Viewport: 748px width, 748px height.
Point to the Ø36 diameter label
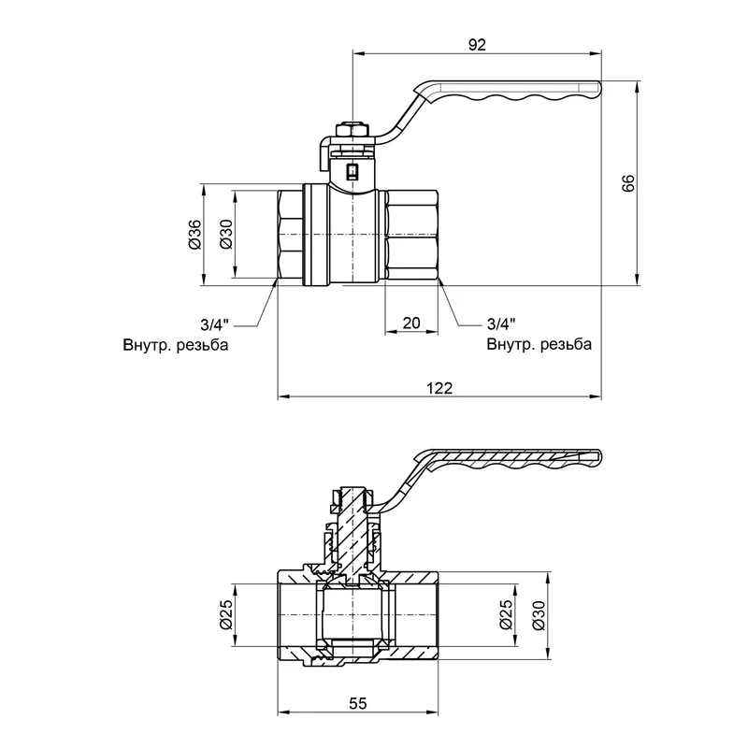(x=194, y=235)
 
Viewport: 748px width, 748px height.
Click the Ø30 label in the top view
(x=224, y=235)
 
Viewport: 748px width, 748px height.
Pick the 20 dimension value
(x=411, y=323)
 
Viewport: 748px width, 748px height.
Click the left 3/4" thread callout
(x=214, y=324)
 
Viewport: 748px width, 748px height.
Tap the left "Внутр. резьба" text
(x=175, y=344)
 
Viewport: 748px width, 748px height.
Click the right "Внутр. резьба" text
(x=539, y=344)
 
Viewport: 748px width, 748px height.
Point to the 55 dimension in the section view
(x=358, y=704)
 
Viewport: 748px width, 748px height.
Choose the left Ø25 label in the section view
(x=225, y=613)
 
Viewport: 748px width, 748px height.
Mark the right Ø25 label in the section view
(x=507, y=613)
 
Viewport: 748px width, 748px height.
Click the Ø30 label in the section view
(x=538, y=613)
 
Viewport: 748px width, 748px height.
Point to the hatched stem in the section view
(x=352, y=533)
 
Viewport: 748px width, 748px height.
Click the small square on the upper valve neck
(x=352, y=171)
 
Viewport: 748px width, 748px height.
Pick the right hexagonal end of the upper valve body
(x=412, y=236)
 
